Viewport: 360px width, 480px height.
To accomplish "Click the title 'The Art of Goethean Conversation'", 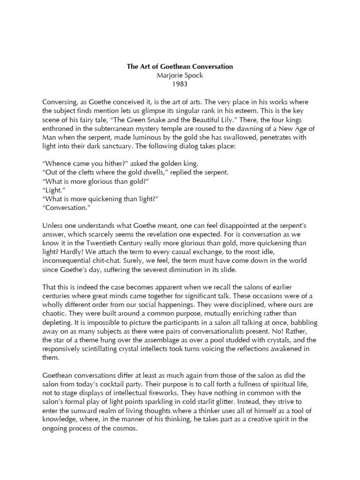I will click(180, 67).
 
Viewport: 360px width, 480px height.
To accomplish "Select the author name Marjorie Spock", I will click(180, 75).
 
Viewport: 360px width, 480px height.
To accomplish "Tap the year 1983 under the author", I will click(180, 84).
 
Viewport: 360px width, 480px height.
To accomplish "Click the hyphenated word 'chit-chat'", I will click(129, 261).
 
